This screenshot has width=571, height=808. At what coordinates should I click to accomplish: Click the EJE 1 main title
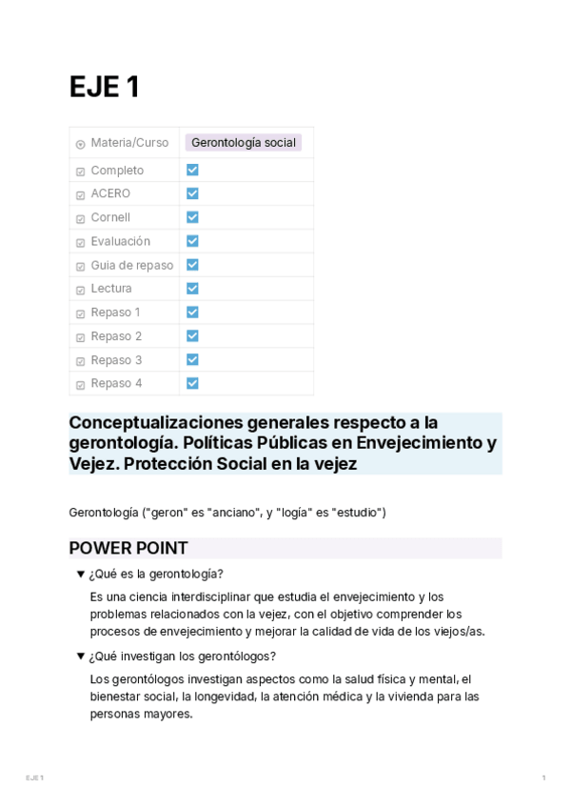105,87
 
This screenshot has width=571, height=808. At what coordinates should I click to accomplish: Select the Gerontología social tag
244,143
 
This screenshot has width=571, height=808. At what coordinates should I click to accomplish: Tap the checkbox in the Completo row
192,170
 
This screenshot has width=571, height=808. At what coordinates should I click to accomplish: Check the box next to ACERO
192,193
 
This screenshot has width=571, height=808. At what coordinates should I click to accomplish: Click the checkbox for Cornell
192,217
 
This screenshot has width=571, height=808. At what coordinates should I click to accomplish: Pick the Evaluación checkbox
192,241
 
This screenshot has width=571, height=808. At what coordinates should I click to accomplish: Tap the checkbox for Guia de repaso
192,265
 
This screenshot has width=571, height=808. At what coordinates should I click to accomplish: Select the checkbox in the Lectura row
192,288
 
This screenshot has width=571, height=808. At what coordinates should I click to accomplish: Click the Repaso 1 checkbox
192,312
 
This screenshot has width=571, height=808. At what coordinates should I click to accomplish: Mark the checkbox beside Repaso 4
192,383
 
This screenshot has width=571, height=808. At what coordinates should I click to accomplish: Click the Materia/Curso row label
129,143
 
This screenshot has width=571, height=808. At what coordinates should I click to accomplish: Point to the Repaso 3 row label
116,360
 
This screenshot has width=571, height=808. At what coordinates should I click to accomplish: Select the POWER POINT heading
128,548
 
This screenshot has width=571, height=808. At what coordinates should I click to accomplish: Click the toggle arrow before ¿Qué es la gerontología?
81,574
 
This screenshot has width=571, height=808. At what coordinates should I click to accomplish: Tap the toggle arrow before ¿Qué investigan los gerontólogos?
81,656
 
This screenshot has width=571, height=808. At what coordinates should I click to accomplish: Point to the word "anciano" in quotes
226,513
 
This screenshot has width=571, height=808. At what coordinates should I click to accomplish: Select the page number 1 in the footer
543,778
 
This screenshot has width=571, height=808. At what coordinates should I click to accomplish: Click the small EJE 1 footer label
34,778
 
